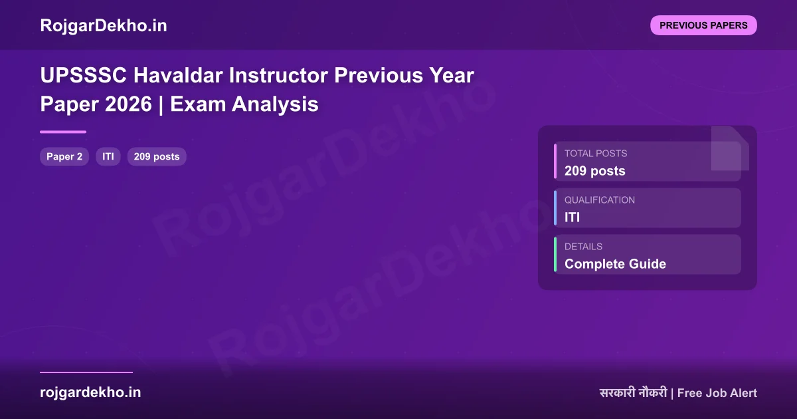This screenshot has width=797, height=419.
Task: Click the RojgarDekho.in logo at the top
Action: [x=104, y=26]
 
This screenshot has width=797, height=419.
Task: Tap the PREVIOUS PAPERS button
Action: [x=703, y=25]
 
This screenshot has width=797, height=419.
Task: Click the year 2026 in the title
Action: [x=129, y=104]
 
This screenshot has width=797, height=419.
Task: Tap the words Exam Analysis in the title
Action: [x=244, y=104]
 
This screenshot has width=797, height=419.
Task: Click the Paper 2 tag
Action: [x=64, y=157]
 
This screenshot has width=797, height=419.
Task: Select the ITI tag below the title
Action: [x=108, y=157]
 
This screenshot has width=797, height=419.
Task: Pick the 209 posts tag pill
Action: [x=157, y=157]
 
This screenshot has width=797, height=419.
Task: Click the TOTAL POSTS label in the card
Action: [x=596, y=154]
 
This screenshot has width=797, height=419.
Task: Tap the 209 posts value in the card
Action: [x=595, y=171]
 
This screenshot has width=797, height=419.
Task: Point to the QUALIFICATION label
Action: [x=600, y=200]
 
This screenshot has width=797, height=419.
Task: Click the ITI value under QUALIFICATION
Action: [x=573, y=217]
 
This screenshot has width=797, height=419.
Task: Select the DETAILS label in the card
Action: [x=583, y=247]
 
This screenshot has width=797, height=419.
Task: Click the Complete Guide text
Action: [x=615, y=264]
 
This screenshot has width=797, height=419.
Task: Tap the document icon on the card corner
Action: [x=729, y=148]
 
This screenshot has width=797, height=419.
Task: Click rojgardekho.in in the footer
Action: [x=90, y=392]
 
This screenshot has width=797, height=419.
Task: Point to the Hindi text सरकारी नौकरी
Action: [x=633, y=393]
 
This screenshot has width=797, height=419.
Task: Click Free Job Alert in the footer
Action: [x=717, y=393]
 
